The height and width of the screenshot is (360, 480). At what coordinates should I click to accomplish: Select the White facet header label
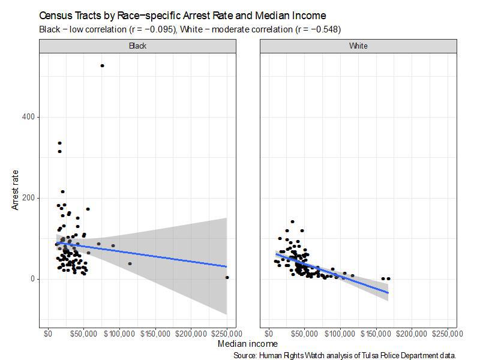tap(358, 46)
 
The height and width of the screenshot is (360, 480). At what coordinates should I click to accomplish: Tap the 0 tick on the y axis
tap(35, 279)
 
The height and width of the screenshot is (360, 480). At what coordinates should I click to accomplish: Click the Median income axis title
tap(248, 344)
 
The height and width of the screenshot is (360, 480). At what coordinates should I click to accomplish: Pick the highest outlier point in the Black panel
tap(102, 65)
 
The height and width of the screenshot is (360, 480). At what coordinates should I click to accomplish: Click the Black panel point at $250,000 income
tap(227, 277)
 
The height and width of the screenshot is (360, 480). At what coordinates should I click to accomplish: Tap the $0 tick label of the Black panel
tap(48, 334)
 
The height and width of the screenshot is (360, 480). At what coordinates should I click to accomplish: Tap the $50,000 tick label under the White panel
tap(304, 334)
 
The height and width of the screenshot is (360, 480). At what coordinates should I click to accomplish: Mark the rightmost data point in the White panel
tap(388, 278)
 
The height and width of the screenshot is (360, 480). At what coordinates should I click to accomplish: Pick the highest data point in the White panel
tap(292, 221)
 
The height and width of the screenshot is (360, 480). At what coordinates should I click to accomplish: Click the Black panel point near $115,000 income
tap(130, 263)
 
